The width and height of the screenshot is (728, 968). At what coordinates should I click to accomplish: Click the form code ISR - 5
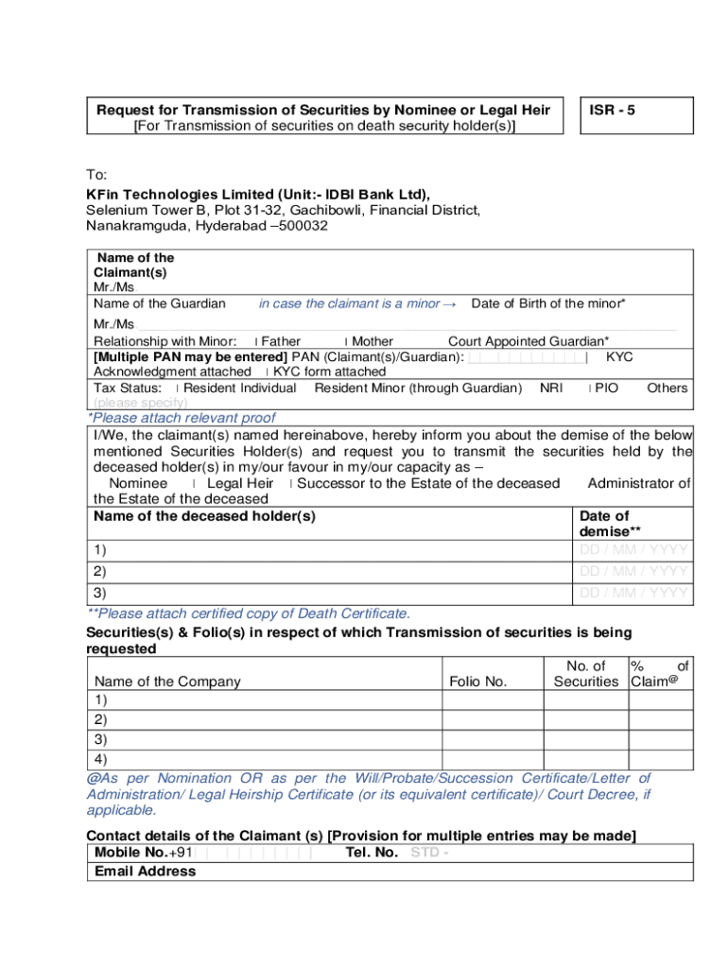pos(613,110)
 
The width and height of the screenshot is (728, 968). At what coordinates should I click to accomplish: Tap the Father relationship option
pos(280,341)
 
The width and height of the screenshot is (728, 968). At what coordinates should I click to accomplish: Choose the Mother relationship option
pos(372,341)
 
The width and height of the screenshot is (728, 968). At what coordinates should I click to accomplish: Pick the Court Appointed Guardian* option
pos(528,341)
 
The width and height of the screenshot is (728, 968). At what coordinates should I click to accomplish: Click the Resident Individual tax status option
pos(239,388)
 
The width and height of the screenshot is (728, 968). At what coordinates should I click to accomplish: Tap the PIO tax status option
pos(605,388)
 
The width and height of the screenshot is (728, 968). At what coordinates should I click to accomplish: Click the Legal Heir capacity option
pos(239,483)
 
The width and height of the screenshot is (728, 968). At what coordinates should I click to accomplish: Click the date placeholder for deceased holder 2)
pos(633,571)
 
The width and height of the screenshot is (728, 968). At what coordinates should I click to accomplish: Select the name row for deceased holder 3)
pos(331,593)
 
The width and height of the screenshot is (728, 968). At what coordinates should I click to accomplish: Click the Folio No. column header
pos(478,682)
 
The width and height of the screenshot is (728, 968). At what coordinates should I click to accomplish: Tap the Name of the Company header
pos(167,682)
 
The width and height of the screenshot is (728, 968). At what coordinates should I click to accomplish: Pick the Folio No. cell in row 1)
pos(493,700)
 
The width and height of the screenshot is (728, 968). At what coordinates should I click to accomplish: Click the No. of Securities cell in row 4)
pos(586,758)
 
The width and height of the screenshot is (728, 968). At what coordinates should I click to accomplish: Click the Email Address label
pos(146,871)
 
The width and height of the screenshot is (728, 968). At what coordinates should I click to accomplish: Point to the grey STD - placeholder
pos(429,853)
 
